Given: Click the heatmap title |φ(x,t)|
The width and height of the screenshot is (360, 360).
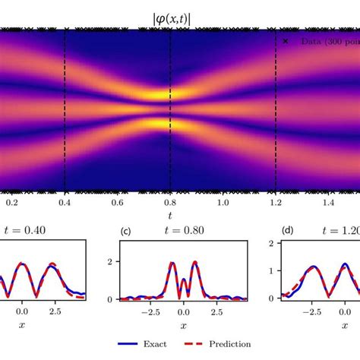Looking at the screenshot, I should [x=170, y=15].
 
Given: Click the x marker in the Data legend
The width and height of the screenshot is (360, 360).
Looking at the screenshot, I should [x=286, y=41].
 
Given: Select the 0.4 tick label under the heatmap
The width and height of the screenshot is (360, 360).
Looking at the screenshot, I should [x=65, y=204].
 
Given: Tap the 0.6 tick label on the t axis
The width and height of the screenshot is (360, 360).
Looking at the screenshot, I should [x=117, y=204].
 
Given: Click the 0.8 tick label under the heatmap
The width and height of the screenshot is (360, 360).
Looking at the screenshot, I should [x=170, y=204].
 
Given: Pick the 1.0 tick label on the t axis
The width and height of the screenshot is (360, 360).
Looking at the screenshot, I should [x=223, y=204].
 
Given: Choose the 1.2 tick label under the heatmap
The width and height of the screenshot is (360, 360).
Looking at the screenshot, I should [x=275, y=204].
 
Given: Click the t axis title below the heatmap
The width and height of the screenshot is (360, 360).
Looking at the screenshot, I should [x=170, y=216].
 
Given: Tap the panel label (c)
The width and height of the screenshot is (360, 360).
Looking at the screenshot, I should [x=127, y=231].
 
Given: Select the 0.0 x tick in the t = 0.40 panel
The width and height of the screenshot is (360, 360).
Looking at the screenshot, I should [x=22, y=311].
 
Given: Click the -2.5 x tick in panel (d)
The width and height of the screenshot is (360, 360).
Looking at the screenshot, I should [x=310, y=311].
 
